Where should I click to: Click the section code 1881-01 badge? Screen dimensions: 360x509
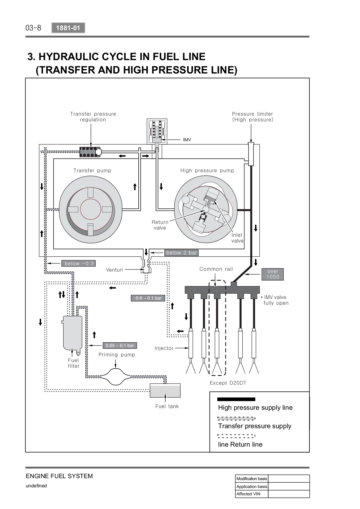click(68, 28)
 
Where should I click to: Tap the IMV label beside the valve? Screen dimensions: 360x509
click(187, 140)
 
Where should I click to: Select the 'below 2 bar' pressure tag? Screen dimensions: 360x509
click(182, 253)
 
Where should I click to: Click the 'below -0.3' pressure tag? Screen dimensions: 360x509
click(79, 263)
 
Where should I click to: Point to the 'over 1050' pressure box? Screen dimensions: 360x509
click(273, 274)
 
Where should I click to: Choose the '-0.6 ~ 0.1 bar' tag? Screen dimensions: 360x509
click(148, 298)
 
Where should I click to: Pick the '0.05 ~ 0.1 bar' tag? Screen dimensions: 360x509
click(120, 345)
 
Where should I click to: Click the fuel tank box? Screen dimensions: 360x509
click(165, 391)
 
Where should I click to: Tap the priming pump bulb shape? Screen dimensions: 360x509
click(116, 377)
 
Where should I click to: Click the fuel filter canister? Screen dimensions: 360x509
click(73, 334)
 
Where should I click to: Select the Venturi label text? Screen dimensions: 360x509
click(114, 270)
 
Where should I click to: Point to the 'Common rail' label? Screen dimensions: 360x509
click(216, 269)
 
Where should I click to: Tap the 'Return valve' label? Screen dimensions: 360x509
click(160, 225)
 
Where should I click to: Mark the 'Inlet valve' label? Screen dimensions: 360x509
click(237, 238)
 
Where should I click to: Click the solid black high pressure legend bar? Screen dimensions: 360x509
click(236, 399)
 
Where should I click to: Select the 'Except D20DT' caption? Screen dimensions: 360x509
click(228, 383)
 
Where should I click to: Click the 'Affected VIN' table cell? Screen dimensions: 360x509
click(252, 494)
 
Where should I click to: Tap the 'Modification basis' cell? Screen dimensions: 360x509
click(252, 478)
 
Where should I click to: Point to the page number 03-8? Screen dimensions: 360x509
click(33, 28)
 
